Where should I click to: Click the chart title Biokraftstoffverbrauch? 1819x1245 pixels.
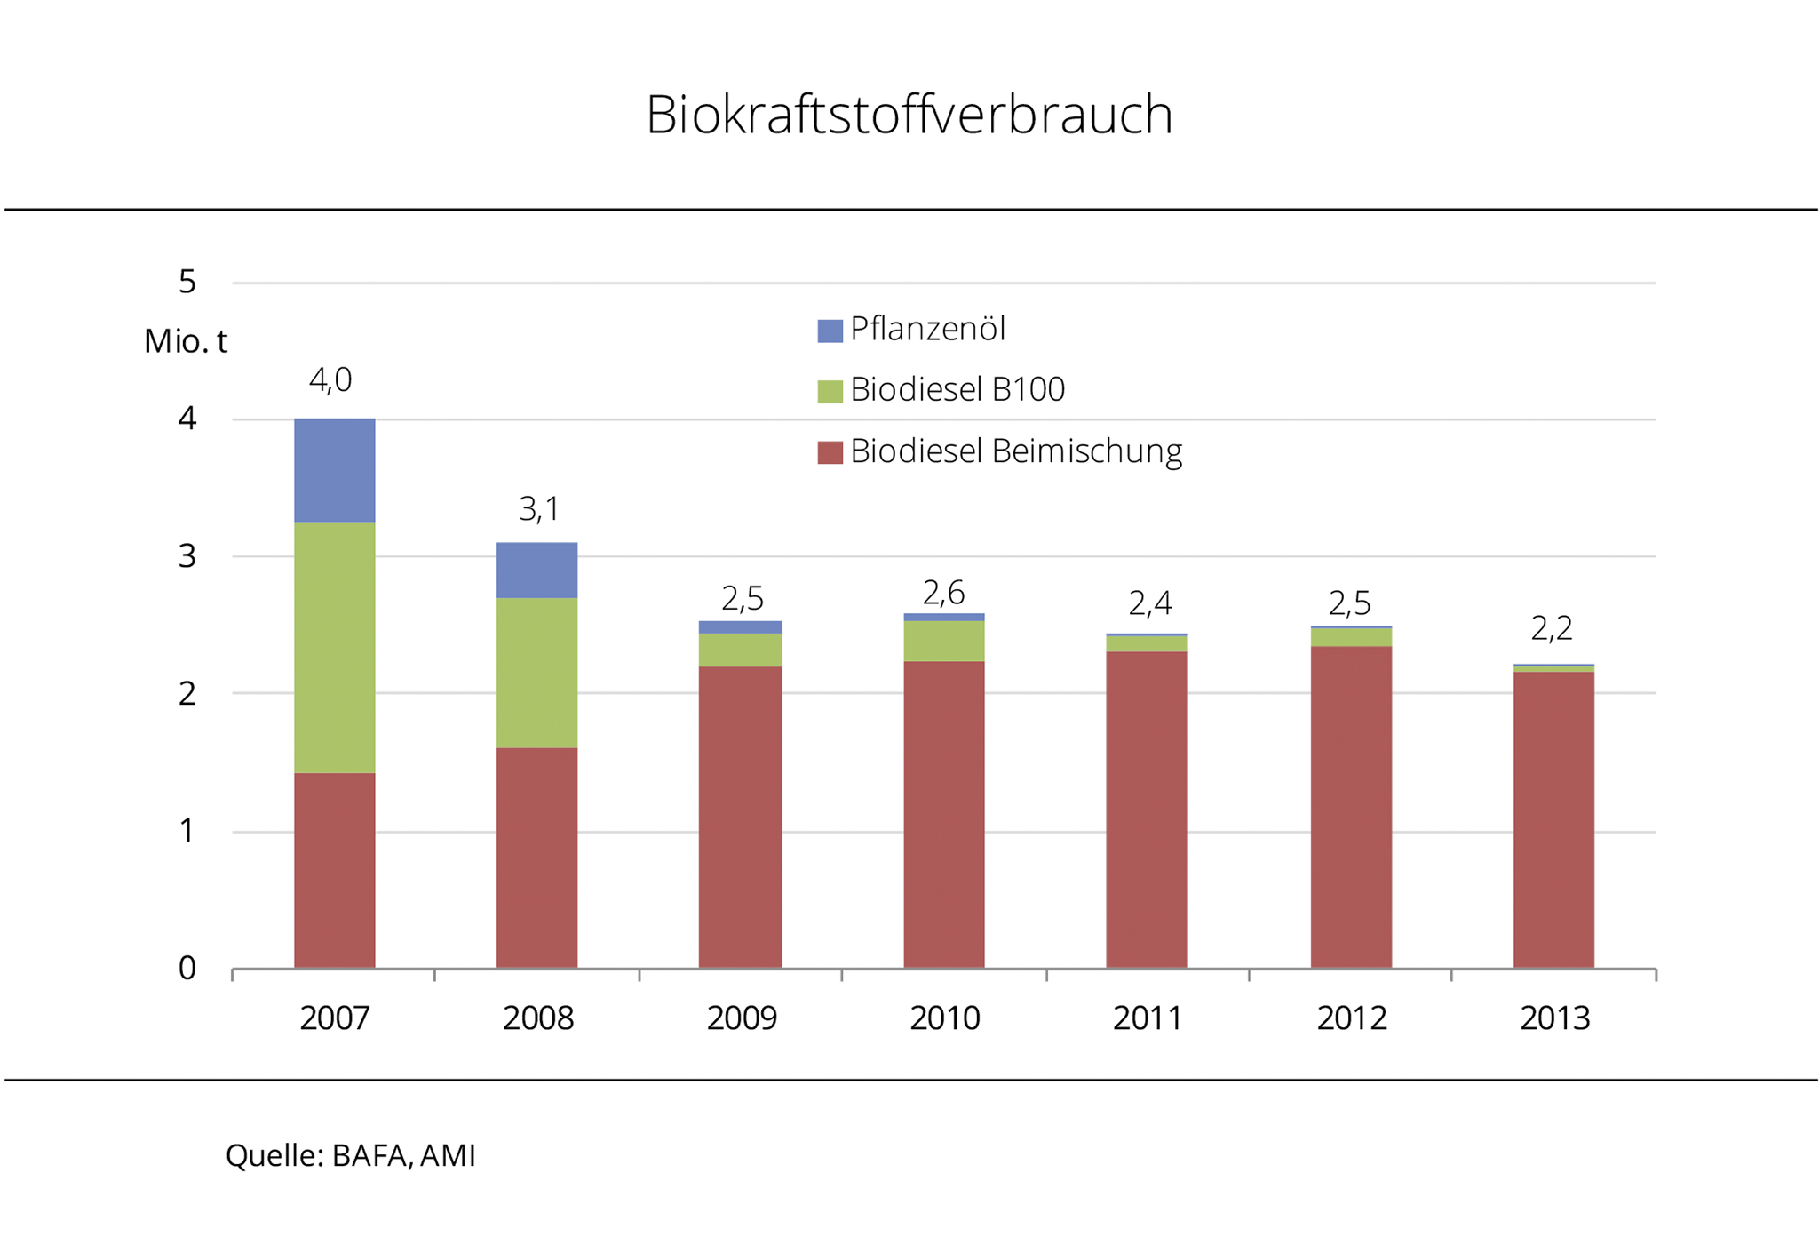pyautogui.click(x=909, y=115)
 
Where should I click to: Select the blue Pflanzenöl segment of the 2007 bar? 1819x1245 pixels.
pyautogui.click(x=334, y=469)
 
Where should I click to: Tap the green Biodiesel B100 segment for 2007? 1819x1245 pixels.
pyautogui.click(x=334, y=646)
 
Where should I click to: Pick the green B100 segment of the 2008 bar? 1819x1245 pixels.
pyautogui.click(x=536, y=672)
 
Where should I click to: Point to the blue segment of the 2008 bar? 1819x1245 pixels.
pyautogui.click(x=536, y=570)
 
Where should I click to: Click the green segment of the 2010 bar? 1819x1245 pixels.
pyautogui.click(x=943, y=640)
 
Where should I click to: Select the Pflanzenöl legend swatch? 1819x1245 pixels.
pyautogui.click(x=830, y=331)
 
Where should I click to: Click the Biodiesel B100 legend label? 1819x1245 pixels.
pyautogui.click(x=957, y=389)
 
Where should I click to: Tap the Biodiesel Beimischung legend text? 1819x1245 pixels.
pyautogui.click(x=1015, y=451)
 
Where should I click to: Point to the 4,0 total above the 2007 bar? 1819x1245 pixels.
pyautogui.click(x=330, y=380)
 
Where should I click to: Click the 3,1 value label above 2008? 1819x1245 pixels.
pyautogui.click(x=538, y=509)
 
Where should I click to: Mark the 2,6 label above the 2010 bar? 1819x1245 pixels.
pyautogui.click(x=943, y=592)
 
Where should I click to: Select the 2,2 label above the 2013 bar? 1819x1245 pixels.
pyautogui.click(x=1552, y=629)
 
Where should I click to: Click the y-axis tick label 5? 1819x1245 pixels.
pyautogui.click(x=187, y=282)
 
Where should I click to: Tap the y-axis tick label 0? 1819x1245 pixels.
pyautogui.click(x=187, y=968)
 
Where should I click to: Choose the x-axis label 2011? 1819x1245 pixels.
pyautogui.click(x=1148, y=1018)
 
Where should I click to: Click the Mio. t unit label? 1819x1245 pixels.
pyautogui.click(x=186, y=340)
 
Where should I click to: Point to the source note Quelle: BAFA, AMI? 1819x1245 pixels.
pyautogui.click(x=351, y=1155)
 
